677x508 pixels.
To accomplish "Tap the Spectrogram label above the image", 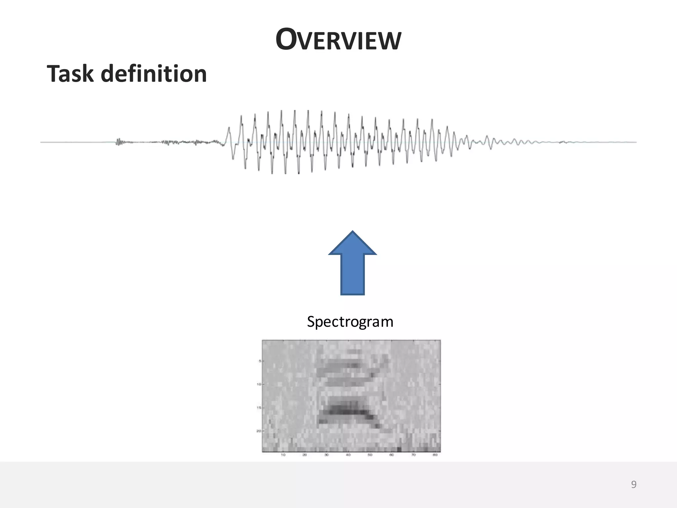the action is click(x=350, y=322).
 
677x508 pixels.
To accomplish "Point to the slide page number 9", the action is click(x=634, y=485).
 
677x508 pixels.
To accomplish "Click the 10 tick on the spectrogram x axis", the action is click(x=283, y=455).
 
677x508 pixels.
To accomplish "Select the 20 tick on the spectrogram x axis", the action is click(x=305, y=455).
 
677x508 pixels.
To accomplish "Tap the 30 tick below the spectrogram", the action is click(x=327, y=455).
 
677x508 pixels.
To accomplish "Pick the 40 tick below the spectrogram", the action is click(x=348, y=455).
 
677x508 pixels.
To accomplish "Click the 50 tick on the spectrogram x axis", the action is click(x=370, y=455).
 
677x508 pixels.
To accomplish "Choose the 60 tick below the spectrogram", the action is click(x=392, y=455).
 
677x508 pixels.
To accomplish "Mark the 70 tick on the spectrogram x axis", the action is click(x=414, y=455).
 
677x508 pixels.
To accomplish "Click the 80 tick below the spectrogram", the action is click(x=435, y=455).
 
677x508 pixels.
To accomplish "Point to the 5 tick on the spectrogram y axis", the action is click(x=260, y=361).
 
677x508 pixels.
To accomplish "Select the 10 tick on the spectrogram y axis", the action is click(x=259, y=384).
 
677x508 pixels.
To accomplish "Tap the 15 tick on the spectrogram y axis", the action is click(x=259, y=408).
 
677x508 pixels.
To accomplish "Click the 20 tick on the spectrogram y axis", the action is click(x=259, y=431).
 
